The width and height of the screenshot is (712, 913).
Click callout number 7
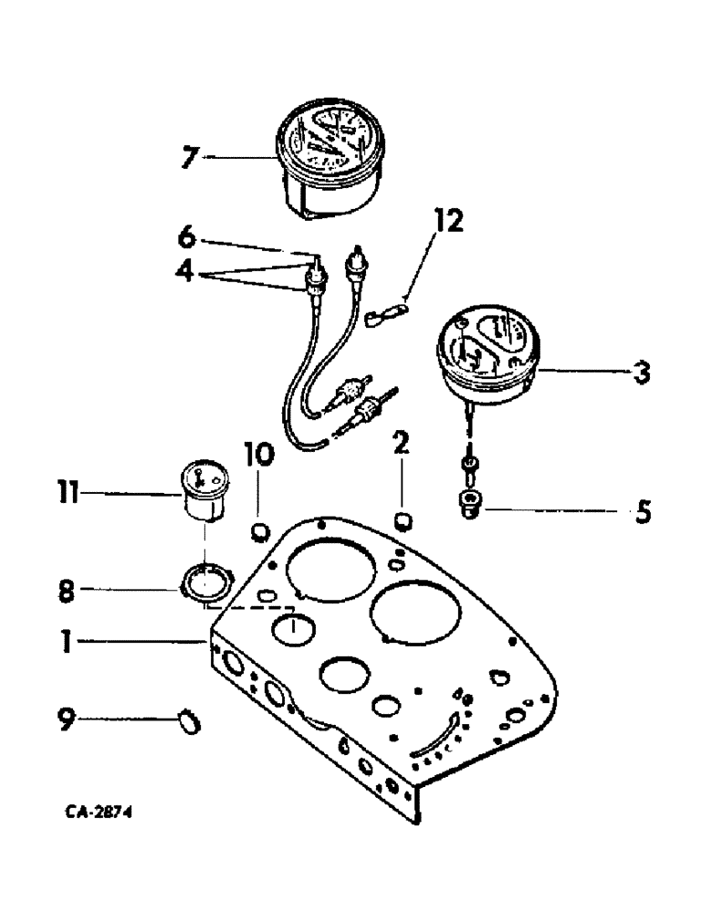(x=188, y=157)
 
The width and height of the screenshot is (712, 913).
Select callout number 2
(x=402, y=445)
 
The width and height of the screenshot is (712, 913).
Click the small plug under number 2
(x=403, y=520)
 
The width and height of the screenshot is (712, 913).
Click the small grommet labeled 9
(x=188, y=722)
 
